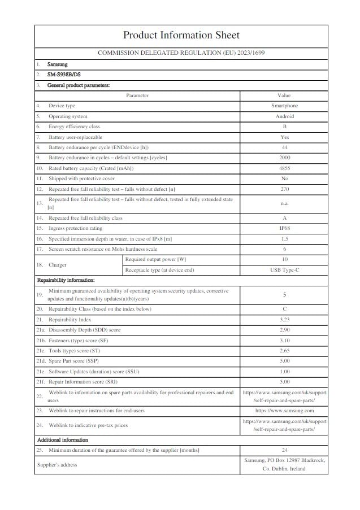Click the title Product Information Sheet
pos(181,36)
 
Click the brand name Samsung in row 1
pos(58,64)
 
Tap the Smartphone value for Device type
pos(284,106)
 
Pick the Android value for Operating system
pos(284,116)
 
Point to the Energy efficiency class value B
pos(284,127)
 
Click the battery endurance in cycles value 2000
pos(284,158)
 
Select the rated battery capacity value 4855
pos(284,168)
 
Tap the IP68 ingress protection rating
pos(284,228)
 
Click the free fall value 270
pos(284,189)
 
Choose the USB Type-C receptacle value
pos(284,270)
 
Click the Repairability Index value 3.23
pos(284,320)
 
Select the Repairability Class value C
pos(284,309)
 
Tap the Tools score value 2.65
pos(284,351)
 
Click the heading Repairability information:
pos(66,280)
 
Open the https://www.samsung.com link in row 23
pos(284,411)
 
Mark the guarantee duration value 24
pos(284,450)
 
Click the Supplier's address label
pos(57,464)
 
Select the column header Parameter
pos(137,95)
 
